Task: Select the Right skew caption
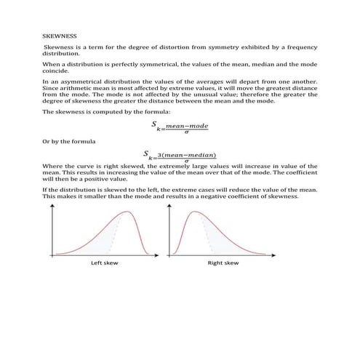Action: pos(223,263)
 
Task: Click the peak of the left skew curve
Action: pos(129,212)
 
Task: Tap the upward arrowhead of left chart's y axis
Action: pos(52,205)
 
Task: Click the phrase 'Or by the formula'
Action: pos(66,140)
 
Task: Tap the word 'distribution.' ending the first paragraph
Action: pos(63,53)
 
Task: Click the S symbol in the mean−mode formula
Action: pos(154,124)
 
